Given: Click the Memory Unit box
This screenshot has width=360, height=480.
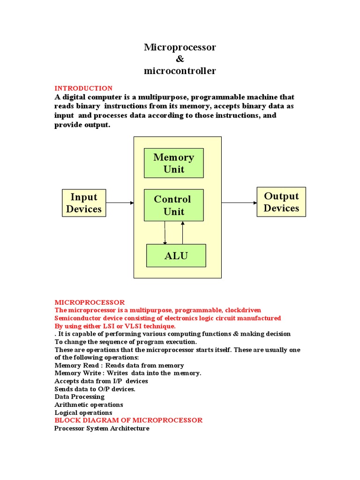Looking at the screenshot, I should pyautogui.click(x=173, y=163).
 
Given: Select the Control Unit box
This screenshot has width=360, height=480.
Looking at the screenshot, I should pyautogui.click(x=173, y=205).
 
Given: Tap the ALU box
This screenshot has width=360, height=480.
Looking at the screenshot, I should pyautogui.click(x=176, y=255).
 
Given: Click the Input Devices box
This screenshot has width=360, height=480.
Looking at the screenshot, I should pyautogui.click(x=84, y=203).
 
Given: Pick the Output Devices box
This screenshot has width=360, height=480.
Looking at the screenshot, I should pyautogui.click(x=281, y=202).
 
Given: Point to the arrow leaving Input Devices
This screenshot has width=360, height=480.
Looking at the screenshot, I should pyautogui.click(x=120, y=203).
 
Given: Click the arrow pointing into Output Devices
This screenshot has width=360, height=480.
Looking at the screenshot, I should pyautogui.click(x=239, y=203).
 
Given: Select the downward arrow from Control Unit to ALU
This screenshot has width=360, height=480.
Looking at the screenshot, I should pyautogui.click(x=165, y=232).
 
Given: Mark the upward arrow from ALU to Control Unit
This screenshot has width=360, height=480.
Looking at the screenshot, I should pyautogui.click(x=183, y=232).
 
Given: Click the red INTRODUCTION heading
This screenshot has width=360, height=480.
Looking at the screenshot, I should pyautogui.click(x=83, y=88).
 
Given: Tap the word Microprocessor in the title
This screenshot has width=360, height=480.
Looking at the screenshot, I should pyautogui.click(x=180, y=47).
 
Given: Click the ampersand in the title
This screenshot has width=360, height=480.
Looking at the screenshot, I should pyautogui.click(x=180, y=59).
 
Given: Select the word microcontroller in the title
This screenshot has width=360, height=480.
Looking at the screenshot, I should pyautogui.click(x=180, y=71).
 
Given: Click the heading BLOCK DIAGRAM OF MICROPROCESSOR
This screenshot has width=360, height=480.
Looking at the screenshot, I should pyautogui.click(x=128, y=420).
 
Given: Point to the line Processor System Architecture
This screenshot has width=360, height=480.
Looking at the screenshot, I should pyautogui.click(x=102, y=428).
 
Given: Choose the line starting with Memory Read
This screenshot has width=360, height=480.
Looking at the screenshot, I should pyautogui.click(x=119, y=365).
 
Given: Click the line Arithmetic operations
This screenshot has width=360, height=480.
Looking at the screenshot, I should pyautogui.click(x=89, y=405).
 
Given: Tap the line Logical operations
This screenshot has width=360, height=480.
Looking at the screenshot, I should pyautogui.click(x=83, y=412).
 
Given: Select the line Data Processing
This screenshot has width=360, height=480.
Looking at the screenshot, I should pyautogui.click(x=79, y=397).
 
